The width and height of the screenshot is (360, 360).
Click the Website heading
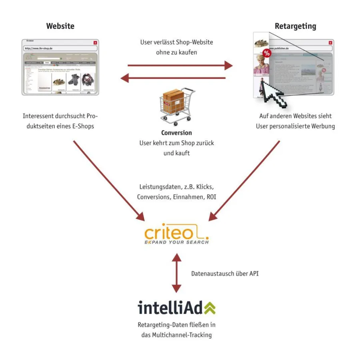(60, 26)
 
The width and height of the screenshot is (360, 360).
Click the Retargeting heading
(295, 26)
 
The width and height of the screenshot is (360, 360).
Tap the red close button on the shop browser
(95, 42)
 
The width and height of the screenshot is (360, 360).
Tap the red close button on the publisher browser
(330, 42)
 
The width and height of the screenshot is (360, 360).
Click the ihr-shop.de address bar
(60, 48)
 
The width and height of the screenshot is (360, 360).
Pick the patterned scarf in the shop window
(88, 82)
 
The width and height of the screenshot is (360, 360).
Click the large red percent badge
(266, 53)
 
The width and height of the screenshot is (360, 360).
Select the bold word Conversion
(176, 133)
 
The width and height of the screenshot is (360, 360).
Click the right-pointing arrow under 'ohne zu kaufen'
(180, 65)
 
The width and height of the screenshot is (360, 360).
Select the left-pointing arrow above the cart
(173, 78)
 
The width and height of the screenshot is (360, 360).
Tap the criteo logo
(176, 234)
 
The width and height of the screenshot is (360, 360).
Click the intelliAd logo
(176, 308)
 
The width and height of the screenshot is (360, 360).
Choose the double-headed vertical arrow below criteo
(176, 272)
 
